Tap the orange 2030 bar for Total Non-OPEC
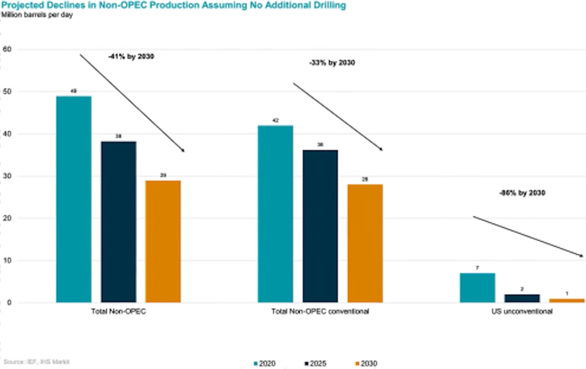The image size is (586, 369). pos(163,242)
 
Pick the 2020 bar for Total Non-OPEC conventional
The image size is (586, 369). pos(275,214)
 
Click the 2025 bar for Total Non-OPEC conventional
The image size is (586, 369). pos(320,226)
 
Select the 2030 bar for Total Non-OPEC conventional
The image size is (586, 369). pos(365,243)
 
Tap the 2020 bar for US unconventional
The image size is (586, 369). pos(477,288)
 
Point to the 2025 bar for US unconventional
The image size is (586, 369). pos(522,298)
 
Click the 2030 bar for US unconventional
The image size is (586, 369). pos(567,300)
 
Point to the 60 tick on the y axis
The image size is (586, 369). pos(8,49)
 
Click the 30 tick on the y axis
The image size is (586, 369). pos(8,176)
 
